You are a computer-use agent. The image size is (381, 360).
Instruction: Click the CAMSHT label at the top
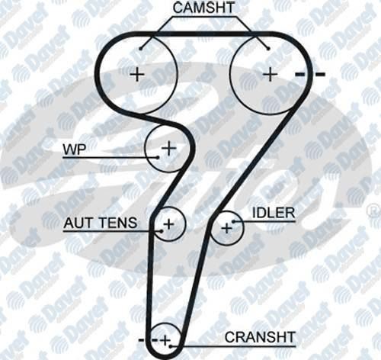[203, 8]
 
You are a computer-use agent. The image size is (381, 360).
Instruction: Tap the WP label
[75, 149]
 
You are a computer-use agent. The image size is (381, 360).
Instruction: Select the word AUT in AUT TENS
[78, 223]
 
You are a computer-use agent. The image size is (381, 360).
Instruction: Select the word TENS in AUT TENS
[117, 223]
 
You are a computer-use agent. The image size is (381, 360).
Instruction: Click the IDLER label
[274, 213]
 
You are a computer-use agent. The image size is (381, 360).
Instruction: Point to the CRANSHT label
[260, 337]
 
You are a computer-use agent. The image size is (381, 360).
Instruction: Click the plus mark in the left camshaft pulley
[137, 75]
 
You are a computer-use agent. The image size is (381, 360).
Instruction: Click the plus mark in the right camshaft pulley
[270, 75]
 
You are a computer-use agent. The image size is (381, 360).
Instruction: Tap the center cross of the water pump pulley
[169, 148]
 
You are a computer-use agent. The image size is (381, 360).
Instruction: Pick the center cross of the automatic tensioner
[169, 224]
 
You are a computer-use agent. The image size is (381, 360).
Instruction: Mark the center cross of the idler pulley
[227, 228]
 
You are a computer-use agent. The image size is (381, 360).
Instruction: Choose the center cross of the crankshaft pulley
[165, 340]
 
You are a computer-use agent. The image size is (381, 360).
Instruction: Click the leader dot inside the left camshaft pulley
[141, 48]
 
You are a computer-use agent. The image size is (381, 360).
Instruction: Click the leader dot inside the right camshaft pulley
[268, 48]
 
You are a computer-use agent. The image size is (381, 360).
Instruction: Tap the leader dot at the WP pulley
[158, 157]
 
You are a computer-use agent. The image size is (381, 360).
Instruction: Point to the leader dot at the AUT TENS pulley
[162, 231]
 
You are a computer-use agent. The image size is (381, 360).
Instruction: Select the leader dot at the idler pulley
[234, 221]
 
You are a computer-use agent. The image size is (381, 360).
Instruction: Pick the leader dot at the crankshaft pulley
[171, 346]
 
